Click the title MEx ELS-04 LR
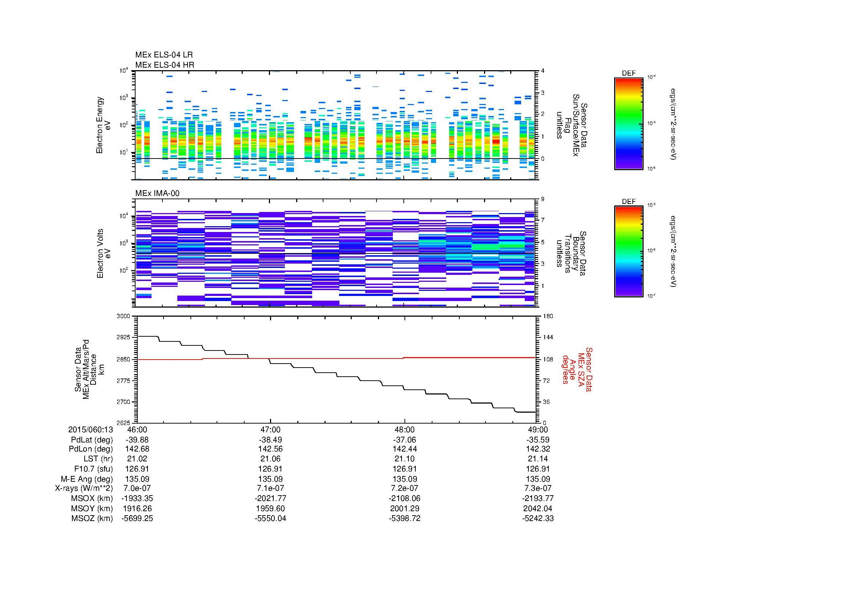[x=164, y=55]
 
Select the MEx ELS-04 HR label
[x=164, y=65]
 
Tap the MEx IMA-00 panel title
[x=157, y=193]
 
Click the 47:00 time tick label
[x=270, y=429]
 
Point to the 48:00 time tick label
[x=404, y=429]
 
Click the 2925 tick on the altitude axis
[x=123, y=337]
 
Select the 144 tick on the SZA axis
[x=548, y=337]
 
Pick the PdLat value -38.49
[x=270, y=440]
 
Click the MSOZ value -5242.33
[x=537, y=518]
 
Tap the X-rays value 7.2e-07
[x=404, y=488]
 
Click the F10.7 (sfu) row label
[x=93, y=469]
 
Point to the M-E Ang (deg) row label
[x=86, y=479]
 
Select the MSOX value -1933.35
[x=137, y=498]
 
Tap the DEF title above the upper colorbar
[x=628, y=73]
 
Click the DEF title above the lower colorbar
[x=628, y=202]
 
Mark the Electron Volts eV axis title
[x=104, y=254]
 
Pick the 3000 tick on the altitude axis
[x=123, y=316]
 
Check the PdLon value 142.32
[x=537, y=449]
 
